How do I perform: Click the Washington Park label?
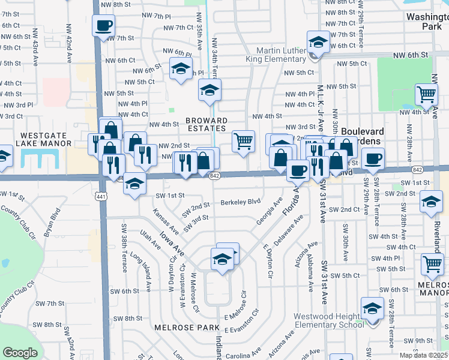pyautogui.click(x=427, y=22)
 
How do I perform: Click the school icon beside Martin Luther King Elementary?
pyautogui.click(x=318, y=42)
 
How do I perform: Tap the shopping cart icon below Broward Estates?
pyautogui.click(x=243, y=142)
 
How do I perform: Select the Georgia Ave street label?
pyautogui.click(x=270, y=212)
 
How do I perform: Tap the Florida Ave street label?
pyautogui.click(x=291, y=202)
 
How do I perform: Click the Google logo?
pyautogui.click(x=20, y=353)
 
